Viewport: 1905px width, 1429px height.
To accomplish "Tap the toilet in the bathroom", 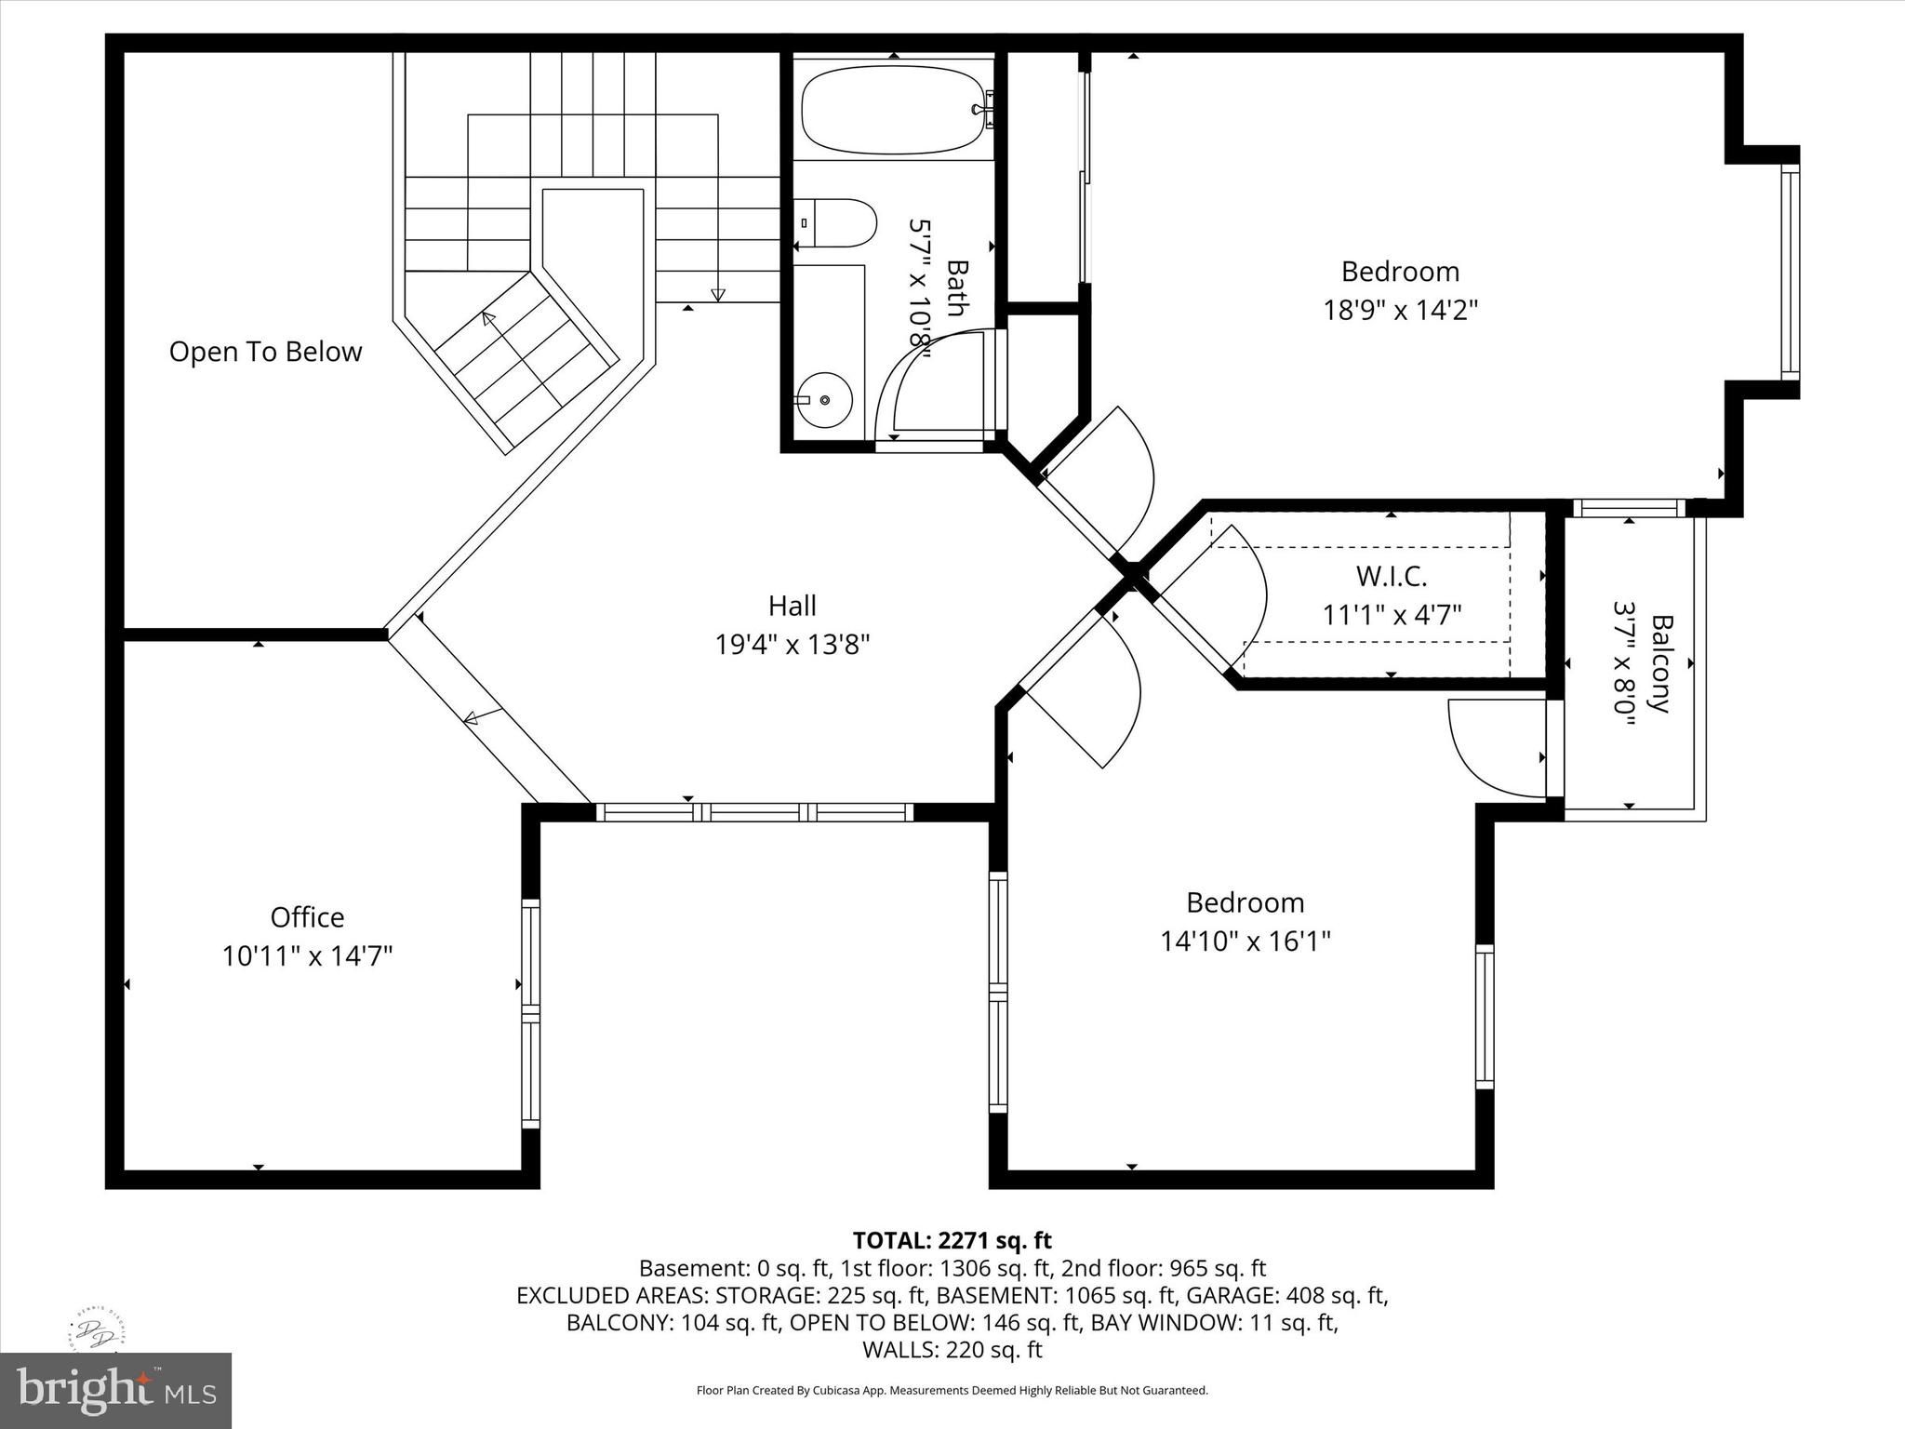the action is (835, 223).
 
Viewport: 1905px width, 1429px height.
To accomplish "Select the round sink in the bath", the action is (824, 400).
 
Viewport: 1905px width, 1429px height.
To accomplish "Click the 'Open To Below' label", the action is (265, 352).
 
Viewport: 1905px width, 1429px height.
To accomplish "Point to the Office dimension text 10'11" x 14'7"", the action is (307, 955).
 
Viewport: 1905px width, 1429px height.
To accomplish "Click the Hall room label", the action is (793, 606).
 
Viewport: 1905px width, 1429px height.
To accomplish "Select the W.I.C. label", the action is (1392, 577).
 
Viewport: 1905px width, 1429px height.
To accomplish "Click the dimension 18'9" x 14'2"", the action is (1401, 309).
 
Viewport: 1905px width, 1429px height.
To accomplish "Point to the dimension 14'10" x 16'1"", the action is (1246, 942).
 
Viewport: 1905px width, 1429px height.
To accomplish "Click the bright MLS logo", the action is (116, 1391).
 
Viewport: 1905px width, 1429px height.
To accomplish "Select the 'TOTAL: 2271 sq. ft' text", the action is (952, 1240).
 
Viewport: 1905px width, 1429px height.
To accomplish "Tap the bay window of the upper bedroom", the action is (1791, 272).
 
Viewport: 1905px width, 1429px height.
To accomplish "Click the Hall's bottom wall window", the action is (754, 812).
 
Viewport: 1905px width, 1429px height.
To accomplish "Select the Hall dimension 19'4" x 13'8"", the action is (793, 644).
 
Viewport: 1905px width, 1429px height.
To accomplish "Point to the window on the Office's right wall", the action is (530, 1014).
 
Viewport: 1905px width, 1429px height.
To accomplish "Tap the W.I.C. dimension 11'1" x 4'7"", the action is (1392, 615).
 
